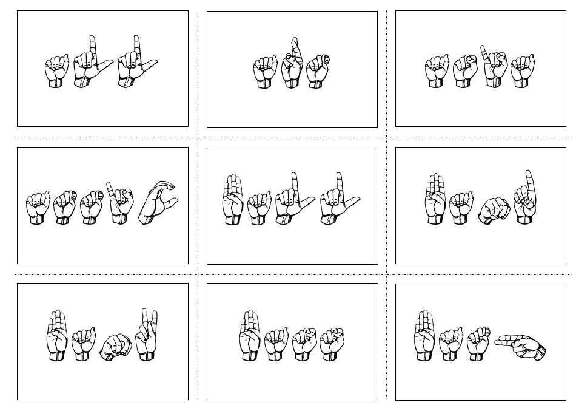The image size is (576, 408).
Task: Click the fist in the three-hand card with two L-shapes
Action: coord(57,72)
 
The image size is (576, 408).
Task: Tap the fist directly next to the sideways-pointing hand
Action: coord(478,344)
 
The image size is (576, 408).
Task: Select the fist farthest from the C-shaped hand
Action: coord(38,208)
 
